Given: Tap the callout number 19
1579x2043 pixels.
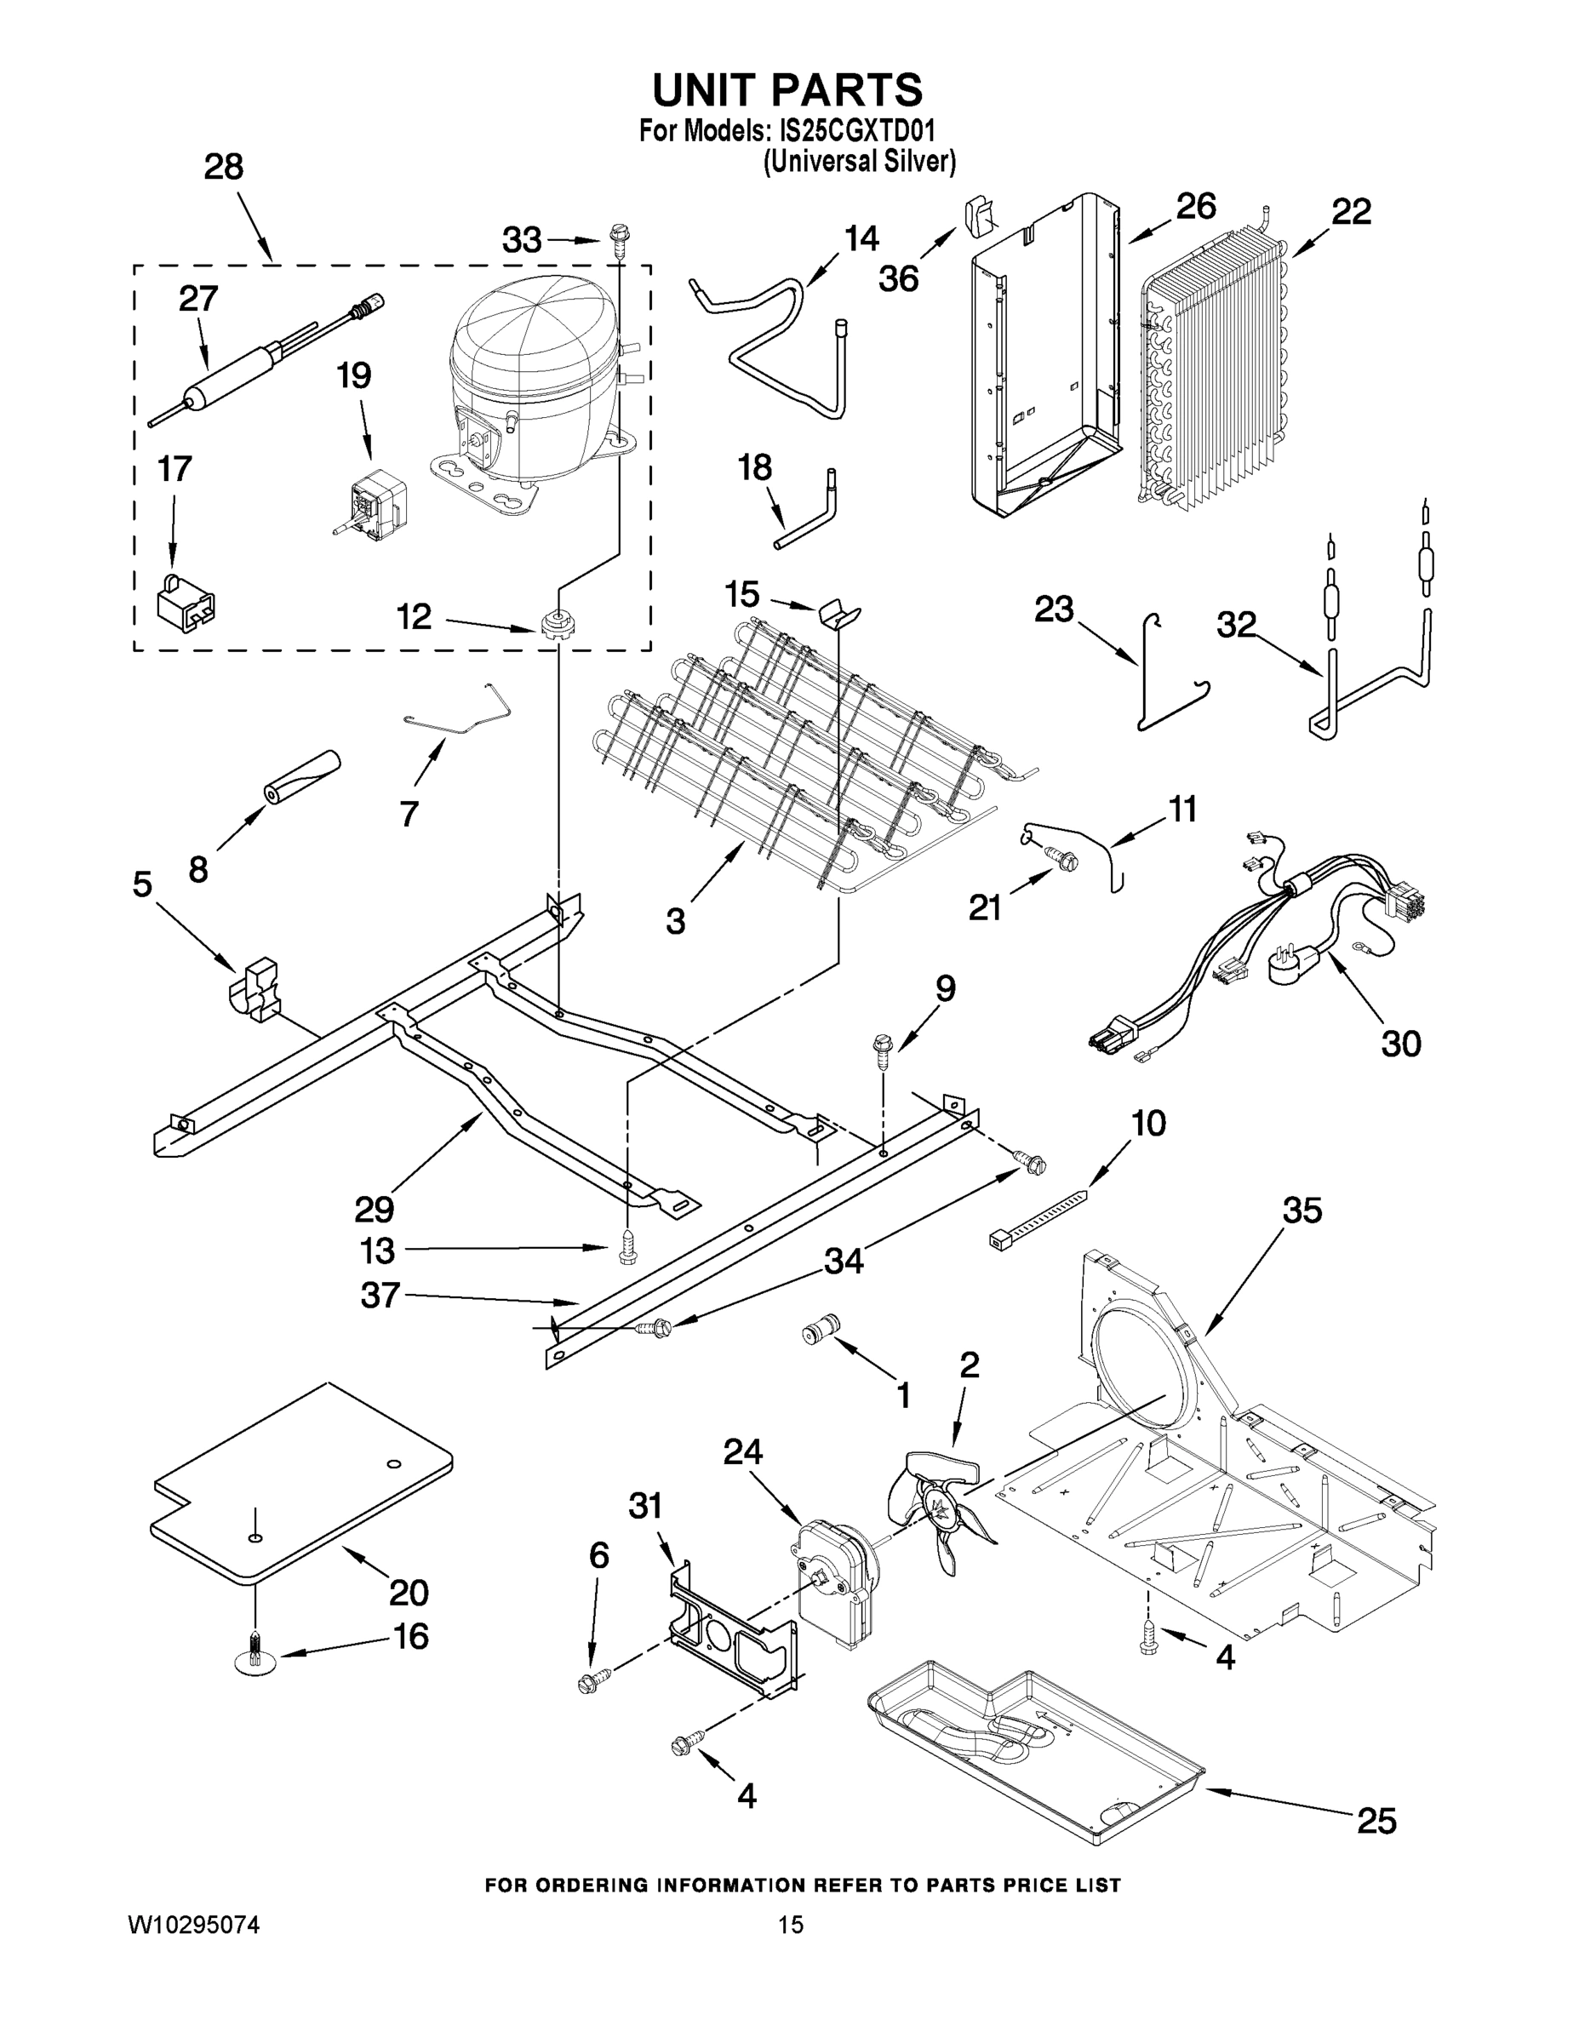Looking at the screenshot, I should [354, 376].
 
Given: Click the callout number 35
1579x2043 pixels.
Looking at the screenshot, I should [1302, 1210].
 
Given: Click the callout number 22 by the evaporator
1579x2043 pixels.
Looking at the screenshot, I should [1351, 211].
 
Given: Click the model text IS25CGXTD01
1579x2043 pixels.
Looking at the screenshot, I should [857, 130].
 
